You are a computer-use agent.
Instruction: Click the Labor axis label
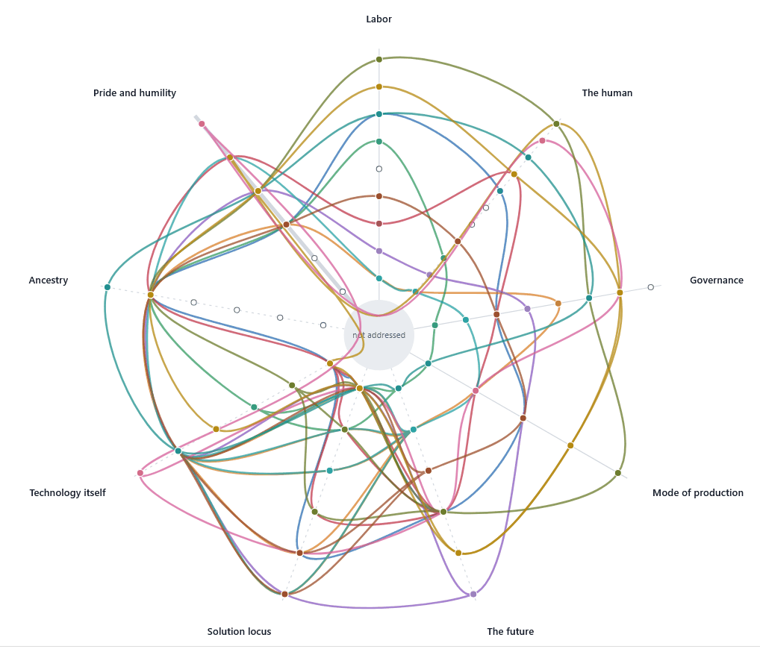click(379, 19)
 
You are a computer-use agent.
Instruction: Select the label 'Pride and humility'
click(134, 93)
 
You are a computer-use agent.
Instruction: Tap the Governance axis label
click(717, 280)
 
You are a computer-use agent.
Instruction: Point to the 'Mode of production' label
click(697, 492)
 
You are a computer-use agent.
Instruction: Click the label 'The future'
click(511, 631)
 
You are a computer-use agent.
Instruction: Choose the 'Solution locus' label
click(239, 631)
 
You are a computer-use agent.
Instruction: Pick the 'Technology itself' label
click(67, 492)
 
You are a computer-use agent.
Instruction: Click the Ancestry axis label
click(49, 280)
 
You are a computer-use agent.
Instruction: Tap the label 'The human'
click(607, 93)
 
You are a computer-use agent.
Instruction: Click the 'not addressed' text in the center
click(379, 335)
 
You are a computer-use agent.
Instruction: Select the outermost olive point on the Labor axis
click(379, 60)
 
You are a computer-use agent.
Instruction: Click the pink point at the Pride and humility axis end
click(202, 124)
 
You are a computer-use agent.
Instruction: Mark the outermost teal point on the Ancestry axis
click(108, 287)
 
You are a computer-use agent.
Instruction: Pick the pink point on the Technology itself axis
click(140, 473)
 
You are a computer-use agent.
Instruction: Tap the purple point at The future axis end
click(473, 594)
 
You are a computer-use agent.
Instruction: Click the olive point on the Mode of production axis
click(618, 473)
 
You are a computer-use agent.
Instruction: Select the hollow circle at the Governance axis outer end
click(651, 287)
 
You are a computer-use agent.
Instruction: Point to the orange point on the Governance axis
click(558, 303)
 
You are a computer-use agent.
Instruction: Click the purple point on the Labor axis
click(379, 251)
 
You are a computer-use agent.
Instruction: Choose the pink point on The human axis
click(542, 140)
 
